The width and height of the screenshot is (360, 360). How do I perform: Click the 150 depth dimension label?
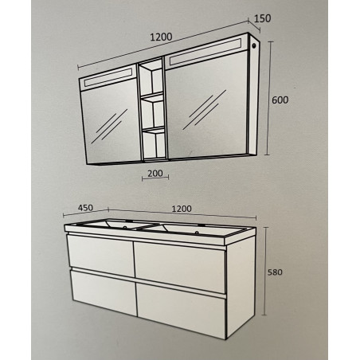coord(263,18)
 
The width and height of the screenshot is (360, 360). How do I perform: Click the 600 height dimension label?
coord(280,100)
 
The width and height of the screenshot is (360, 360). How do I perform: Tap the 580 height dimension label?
coord(275,272)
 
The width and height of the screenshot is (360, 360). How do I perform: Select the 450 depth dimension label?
coord(85,208)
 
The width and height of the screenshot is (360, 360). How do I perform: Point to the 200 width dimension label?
coord(155,174)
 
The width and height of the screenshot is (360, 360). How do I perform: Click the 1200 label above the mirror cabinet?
coord(161,37)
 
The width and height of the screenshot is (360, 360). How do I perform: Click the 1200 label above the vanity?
coord(182,209)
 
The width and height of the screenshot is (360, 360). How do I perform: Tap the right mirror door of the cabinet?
coord(208,105)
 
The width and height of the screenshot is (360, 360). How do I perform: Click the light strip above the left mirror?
coord(108,77)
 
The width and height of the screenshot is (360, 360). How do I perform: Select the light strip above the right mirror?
coord(205,52)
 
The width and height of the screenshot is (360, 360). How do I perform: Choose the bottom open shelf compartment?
coord(154,145)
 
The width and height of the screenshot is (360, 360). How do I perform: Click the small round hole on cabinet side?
coord(254,45)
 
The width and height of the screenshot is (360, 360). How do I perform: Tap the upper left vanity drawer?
coord(100,255)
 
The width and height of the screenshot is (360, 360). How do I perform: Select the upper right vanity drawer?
coord(180,267)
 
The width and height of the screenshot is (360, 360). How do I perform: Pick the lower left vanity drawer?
coord(104,292)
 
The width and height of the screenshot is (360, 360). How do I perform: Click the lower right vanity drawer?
coord(182,309)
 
